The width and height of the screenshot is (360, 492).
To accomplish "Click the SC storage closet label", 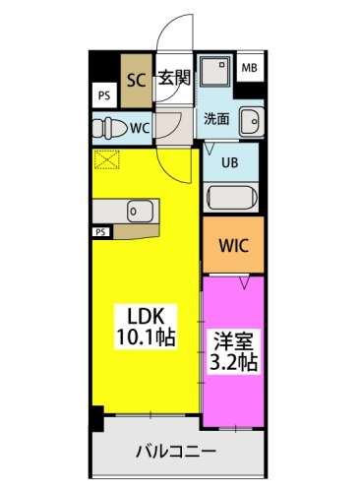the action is pos(136,80).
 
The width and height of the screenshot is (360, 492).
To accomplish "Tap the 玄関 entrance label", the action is pos(174,78).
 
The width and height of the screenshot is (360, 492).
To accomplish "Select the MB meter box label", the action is pos(250,68).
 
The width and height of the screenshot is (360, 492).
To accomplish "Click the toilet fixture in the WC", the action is pos(110,128).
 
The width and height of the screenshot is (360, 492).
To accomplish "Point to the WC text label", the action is pos(140,128).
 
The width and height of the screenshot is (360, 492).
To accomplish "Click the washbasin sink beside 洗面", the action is pos(252,121).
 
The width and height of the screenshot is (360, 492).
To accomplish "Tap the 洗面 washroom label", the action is pos(216,118).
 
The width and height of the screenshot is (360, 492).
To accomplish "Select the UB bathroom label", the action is pos(230,162).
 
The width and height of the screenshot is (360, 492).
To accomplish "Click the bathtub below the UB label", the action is pos(232,198).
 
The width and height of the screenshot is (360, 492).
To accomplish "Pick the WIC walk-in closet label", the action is pos(234,245).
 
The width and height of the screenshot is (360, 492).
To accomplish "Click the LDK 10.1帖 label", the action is pos(146,327).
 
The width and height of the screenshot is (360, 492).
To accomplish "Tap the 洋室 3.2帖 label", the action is pos(233,351).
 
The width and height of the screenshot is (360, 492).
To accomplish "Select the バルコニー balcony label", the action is pos(176,452).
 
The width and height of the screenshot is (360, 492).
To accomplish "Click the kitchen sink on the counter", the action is pos(141,211).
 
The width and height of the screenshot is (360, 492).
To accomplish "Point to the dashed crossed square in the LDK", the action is pos(107,159).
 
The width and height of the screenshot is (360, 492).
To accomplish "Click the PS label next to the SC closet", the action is pos(104,96).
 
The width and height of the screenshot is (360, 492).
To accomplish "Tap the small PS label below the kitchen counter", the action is pos(100,232).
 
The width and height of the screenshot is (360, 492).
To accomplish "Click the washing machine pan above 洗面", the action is pos(214,72).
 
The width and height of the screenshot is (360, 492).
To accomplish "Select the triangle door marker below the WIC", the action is pos(244,282).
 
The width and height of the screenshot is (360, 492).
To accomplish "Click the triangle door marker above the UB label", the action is pos(210,149).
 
